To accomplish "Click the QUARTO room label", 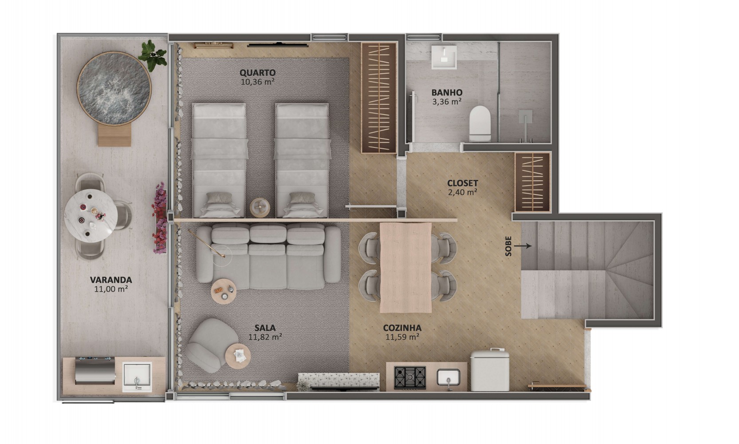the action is click(258, 73).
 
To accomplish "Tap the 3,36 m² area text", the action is click(447, 102).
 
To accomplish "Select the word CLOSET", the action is click(463, 183).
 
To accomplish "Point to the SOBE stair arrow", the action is click(523, 246).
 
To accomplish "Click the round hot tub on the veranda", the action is click(114, 88).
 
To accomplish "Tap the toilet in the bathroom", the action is click(480, 124).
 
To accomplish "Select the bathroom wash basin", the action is click(444, 57).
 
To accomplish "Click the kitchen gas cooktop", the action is click(410, 377).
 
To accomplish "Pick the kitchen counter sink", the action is click(448, 377).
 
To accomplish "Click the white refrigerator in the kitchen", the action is click(490, 370).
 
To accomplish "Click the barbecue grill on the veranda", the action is click(95, 370).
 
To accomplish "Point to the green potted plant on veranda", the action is click(153, 55).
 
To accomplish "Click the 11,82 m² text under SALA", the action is click(265, 337).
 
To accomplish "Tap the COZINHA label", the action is click(402, 328).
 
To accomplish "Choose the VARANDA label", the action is click(111, 280).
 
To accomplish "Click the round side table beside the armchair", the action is click(238, 356).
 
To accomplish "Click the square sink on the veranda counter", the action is click(137, 377).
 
